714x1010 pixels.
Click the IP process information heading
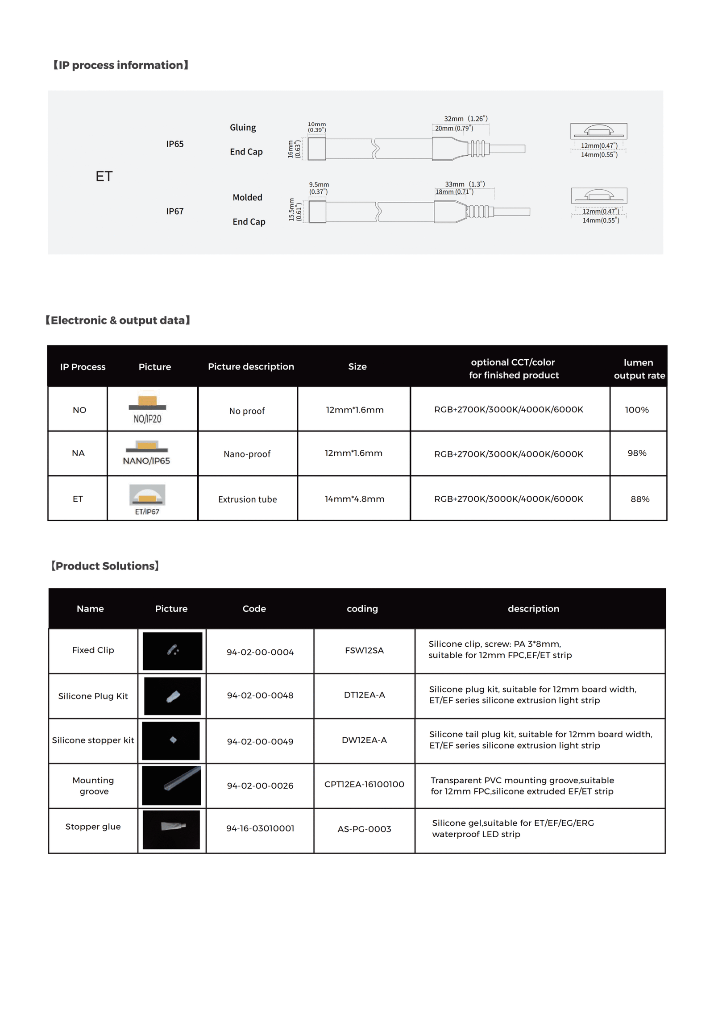(x=120, y=65)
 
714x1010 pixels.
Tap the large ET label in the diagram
(x=104, y=176)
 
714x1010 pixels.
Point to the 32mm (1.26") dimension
(x=465, y=119)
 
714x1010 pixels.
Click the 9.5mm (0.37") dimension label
(x=319, y=188)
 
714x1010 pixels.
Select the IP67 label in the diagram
(x=174, y=211)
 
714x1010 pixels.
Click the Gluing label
(x=243, y=128)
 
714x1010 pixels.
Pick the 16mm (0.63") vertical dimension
(x=294, y=149)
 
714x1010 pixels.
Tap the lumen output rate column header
(x=639, y=369)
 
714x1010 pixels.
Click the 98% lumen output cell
(x=637, y=453)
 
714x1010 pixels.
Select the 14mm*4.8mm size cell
(x=354, y=499)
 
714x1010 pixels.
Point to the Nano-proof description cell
(x=247, y=454)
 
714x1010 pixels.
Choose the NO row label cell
(x=79, y=410)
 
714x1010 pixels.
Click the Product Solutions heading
(x=105, y=566)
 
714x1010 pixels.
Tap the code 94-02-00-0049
(x=260, y=741)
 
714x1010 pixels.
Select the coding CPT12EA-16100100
(x=364, y=784)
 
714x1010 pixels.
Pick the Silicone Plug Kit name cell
(x=93, y=696)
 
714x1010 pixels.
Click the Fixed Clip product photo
(x=172, y=651)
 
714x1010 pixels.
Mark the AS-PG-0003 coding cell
(x=364, y=829)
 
